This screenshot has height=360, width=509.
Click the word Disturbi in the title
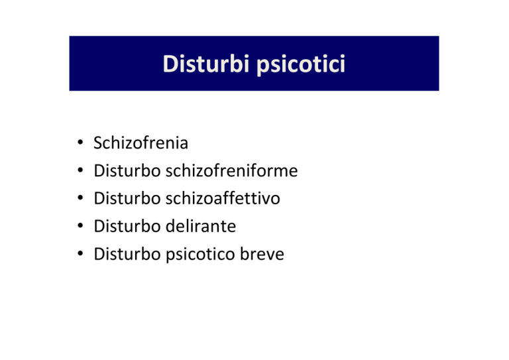coord(206,64)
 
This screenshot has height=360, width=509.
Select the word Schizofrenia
coord(141,143)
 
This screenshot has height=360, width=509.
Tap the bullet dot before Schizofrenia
coord(80,142)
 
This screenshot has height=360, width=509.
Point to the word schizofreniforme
coord(231,170)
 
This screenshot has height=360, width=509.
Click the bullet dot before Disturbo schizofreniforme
coord(80,170)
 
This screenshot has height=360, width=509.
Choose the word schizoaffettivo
coord(223,198)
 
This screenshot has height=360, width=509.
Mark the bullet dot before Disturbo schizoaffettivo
coord(80,198)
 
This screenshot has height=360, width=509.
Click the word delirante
coord(201,226)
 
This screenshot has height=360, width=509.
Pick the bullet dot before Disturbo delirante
coord(80,225)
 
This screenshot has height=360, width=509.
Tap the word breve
coord(262,254)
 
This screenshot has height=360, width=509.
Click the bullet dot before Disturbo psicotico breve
coord(80,253)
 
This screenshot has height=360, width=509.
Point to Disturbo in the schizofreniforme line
coord(127,170)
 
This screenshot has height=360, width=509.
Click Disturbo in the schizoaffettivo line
coord(127,198)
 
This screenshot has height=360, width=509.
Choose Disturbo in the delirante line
coord(127,226)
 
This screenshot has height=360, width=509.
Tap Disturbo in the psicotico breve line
coord(127,254)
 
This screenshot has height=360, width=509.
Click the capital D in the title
coord(170,64)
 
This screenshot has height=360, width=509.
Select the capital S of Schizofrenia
coord(98,143)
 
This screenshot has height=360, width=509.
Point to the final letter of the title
coord(343,64)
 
